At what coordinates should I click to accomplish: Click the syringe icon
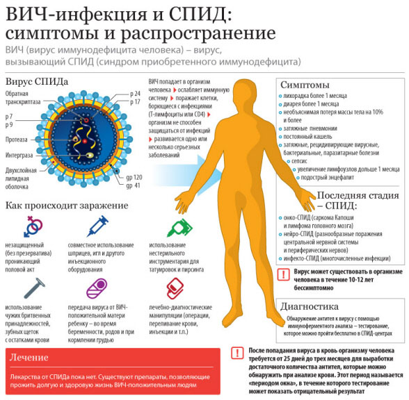pyautogui.click(x=97, y=226)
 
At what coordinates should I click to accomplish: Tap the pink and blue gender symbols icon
pyautogui.click(x=33, y=226)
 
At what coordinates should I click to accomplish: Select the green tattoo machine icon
pyautogui.click(x=179, y=227)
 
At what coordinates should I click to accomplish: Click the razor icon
pyautogui.click(x=35, y=287)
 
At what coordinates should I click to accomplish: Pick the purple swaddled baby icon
pyautogui.click(x=97, y=288)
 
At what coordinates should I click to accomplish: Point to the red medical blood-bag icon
pyautogui.click(x=175, y=288)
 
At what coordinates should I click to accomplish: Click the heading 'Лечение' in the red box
pyautogui.click(x=29, y=357)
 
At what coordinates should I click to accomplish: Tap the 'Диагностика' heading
pyautogui.click(x=310, y=306)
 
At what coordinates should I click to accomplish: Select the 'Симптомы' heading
pyautogui.click(x=305, y=85)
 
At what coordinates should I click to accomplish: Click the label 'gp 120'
pyautogui.click(x=134, y=177)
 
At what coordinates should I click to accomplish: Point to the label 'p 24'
pyautogui.click(x=135, y=94)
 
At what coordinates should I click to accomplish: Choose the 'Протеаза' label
pyautogui.click(x=17, y=140)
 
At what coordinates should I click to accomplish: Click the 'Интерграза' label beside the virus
pyautogui.click(x=19, y=156)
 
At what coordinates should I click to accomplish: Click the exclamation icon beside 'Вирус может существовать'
pyautogui.click(x=283, y=274)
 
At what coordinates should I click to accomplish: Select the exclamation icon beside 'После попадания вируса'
pyautogui.click(x=237, y=353)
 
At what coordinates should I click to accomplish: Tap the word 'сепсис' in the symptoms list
pyautogui.click(x=299, y=161)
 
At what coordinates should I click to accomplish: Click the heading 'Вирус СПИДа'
pyautogui.click(x=37, y=81)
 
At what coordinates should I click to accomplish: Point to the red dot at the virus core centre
pyautogui.click(x=85, y=142)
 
